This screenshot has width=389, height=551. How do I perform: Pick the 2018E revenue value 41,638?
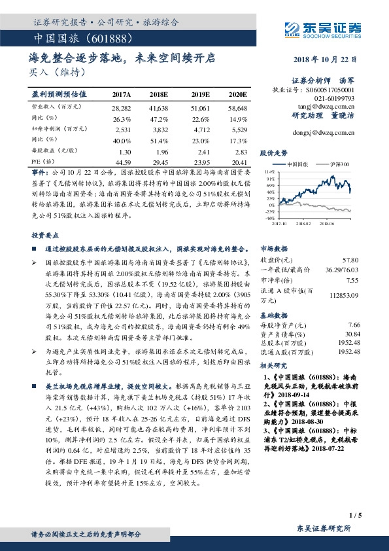pos(159,107)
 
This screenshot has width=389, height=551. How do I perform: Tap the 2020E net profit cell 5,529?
pos(237,130)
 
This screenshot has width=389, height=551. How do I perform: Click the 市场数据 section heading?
pos(274,249)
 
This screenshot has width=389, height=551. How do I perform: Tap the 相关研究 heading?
pos(274,366)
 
